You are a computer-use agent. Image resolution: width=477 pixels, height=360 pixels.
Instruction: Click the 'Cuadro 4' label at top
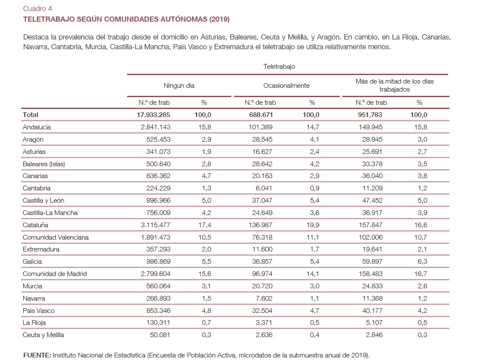point(37,8)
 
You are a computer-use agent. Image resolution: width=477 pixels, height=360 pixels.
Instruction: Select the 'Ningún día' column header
point(179,86)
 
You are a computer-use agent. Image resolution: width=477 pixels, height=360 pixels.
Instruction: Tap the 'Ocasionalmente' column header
point(286,86)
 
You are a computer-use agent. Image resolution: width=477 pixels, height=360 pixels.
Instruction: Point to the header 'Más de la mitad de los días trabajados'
point(394,85)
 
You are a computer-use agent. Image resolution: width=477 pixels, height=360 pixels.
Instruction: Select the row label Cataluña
point(35,225)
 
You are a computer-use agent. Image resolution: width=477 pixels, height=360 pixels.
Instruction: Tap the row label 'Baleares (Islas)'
point(44,164)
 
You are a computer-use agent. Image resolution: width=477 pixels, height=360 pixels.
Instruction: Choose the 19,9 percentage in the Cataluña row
point(312,225)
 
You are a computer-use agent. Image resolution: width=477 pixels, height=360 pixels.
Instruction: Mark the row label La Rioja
point(34,323)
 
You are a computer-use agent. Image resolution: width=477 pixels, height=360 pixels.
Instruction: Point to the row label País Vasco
point(39,310)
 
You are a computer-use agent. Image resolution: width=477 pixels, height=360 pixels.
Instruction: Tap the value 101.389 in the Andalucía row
point(261,127)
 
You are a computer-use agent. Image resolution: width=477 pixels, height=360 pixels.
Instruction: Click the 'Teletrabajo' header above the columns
point(279,67)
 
